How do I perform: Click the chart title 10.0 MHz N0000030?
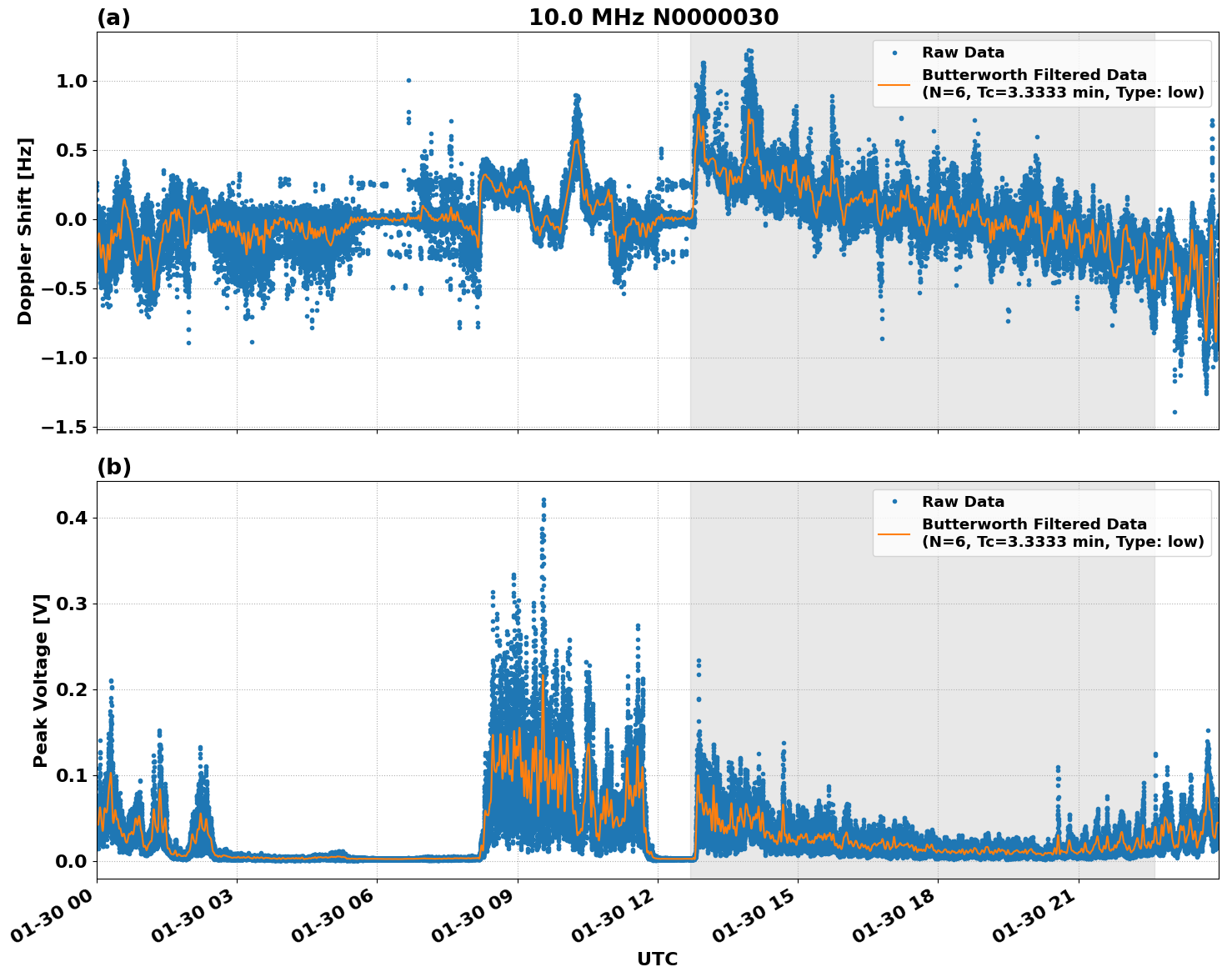click(653, 18)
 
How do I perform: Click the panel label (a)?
click(113, 18)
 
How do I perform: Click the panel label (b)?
click(113, 467)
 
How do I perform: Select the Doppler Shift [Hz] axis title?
click(25, 231)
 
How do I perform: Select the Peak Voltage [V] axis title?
click(41, 680)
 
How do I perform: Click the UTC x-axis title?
click(657, 959)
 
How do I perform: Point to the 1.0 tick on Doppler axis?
click(76, 81)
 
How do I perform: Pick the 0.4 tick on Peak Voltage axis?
click(76, 518)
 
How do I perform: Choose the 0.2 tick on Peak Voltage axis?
click(76, 689)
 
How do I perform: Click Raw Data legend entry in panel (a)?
click(963, 53)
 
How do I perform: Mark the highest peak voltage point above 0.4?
click(543, 500)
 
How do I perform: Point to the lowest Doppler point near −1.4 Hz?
click(1174, 412)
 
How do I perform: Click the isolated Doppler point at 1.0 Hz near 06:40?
click(408, 81)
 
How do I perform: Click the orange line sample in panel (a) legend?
click(894, 84)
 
